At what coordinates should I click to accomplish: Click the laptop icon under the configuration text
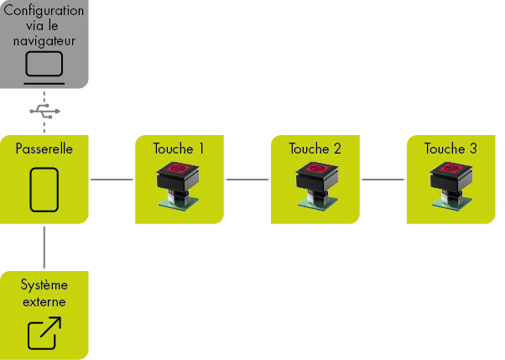point(44,65)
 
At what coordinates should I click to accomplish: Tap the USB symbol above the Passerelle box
point(44,110)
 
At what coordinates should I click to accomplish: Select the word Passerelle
point(44,149)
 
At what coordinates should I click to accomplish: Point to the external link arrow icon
point(44,333)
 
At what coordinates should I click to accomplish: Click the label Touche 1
point(179,149)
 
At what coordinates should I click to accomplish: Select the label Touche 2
point(315,149)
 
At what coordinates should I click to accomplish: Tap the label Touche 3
point(450,149)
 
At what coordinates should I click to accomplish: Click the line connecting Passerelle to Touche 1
point(112,180)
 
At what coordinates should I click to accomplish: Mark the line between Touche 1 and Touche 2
point(247,180)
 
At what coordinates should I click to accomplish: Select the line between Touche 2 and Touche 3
point(383,180)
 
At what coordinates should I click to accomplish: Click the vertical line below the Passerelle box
point(44,247)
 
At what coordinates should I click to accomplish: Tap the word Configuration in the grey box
point(44,11)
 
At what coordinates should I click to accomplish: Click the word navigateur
point(44,40)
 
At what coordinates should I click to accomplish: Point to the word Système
point(44,285)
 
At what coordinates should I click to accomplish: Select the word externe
point(44,301)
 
